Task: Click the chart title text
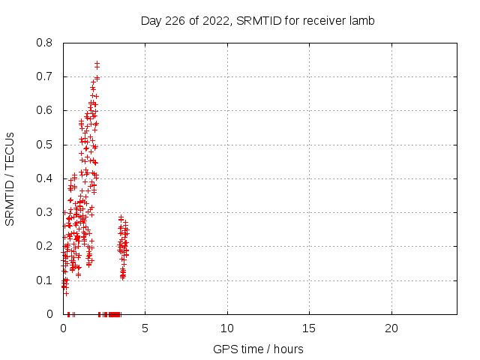tap(257, 20)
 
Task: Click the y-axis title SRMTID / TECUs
tap(10, 178)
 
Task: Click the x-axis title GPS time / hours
tap(257, 349)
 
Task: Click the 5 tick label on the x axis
tap(145, 328)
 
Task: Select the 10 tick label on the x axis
tap(226, 328)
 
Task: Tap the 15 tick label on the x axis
tap(308, 328)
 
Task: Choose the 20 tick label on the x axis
tap(390, 328)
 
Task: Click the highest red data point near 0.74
tap(97, 64)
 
